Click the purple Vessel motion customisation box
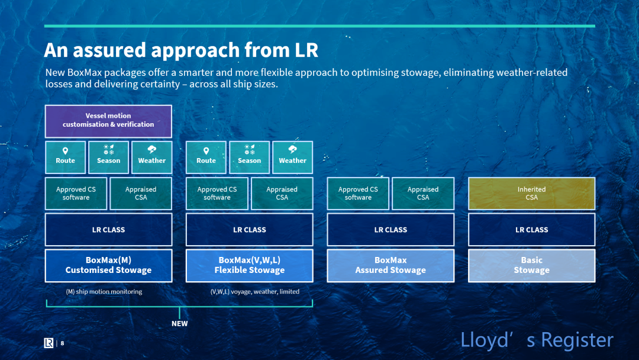click(x=108, y=121)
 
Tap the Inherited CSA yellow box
click(x=531, y=193)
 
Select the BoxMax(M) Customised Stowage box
click(x=108, y=265)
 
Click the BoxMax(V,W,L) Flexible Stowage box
click(x=250, y=265)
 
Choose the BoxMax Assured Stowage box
click(x=390, y=265)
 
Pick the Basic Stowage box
click(x=531, y=265)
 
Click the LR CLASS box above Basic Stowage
click(x=531, y=230)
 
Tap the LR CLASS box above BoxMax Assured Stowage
click(x=390, y=230)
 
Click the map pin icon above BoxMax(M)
click(x=65, y=151)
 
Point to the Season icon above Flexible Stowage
click(x=250, y=150)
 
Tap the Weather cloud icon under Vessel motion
click(x=151, y=150)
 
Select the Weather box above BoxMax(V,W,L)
click(x=293, y=157)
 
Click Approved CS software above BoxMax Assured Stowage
click(x=358, y=193)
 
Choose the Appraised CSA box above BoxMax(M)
click(x=141, y=193)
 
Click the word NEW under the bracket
click(x=179, y=324)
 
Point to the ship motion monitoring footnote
click(x=104, y=291)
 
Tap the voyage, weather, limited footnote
click(x=254, y=291)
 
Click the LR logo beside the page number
click(x=49, y=343)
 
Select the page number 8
click(x=62, y=343)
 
